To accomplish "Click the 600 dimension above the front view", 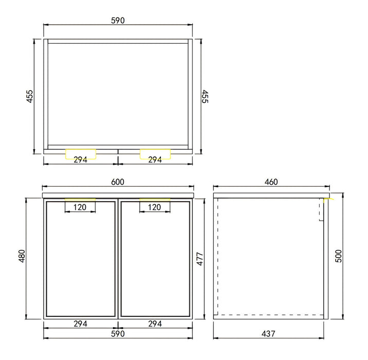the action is [118, 182].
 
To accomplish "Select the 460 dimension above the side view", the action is [271, 182].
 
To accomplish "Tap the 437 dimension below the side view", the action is [268, 334].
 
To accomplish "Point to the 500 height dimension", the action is [338, 256].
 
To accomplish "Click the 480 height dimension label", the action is [22, 256].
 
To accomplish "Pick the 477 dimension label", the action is [199, 259].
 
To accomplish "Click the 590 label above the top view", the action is [118, 21].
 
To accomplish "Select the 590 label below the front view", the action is [118, 334].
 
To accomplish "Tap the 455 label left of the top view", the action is [30, 96].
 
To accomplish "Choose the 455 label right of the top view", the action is [205, 96].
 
